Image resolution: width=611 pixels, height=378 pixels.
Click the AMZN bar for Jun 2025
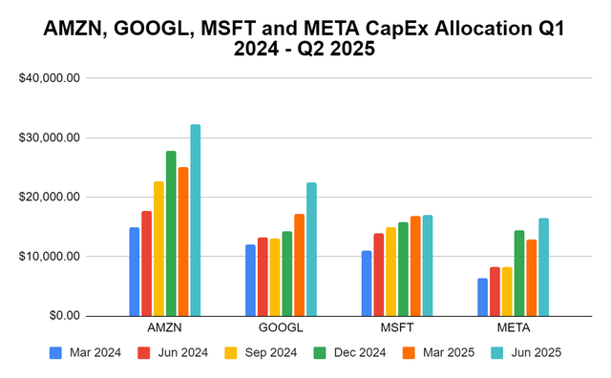click(x=196, y=220)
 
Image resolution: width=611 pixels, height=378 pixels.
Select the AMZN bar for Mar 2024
click(x=135, y=271)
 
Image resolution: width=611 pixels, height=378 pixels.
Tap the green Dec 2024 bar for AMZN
click(x=171, y=233)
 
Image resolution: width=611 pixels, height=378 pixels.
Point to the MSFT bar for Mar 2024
click(x=367, y=283)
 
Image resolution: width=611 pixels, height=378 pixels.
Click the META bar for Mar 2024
click(x=483, y=297)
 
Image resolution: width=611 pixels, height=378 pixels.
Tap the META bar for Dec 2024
click(x=519, y=273)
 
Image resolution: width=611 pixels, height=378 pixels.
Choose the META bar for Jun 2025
click(x=544, y=267)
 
